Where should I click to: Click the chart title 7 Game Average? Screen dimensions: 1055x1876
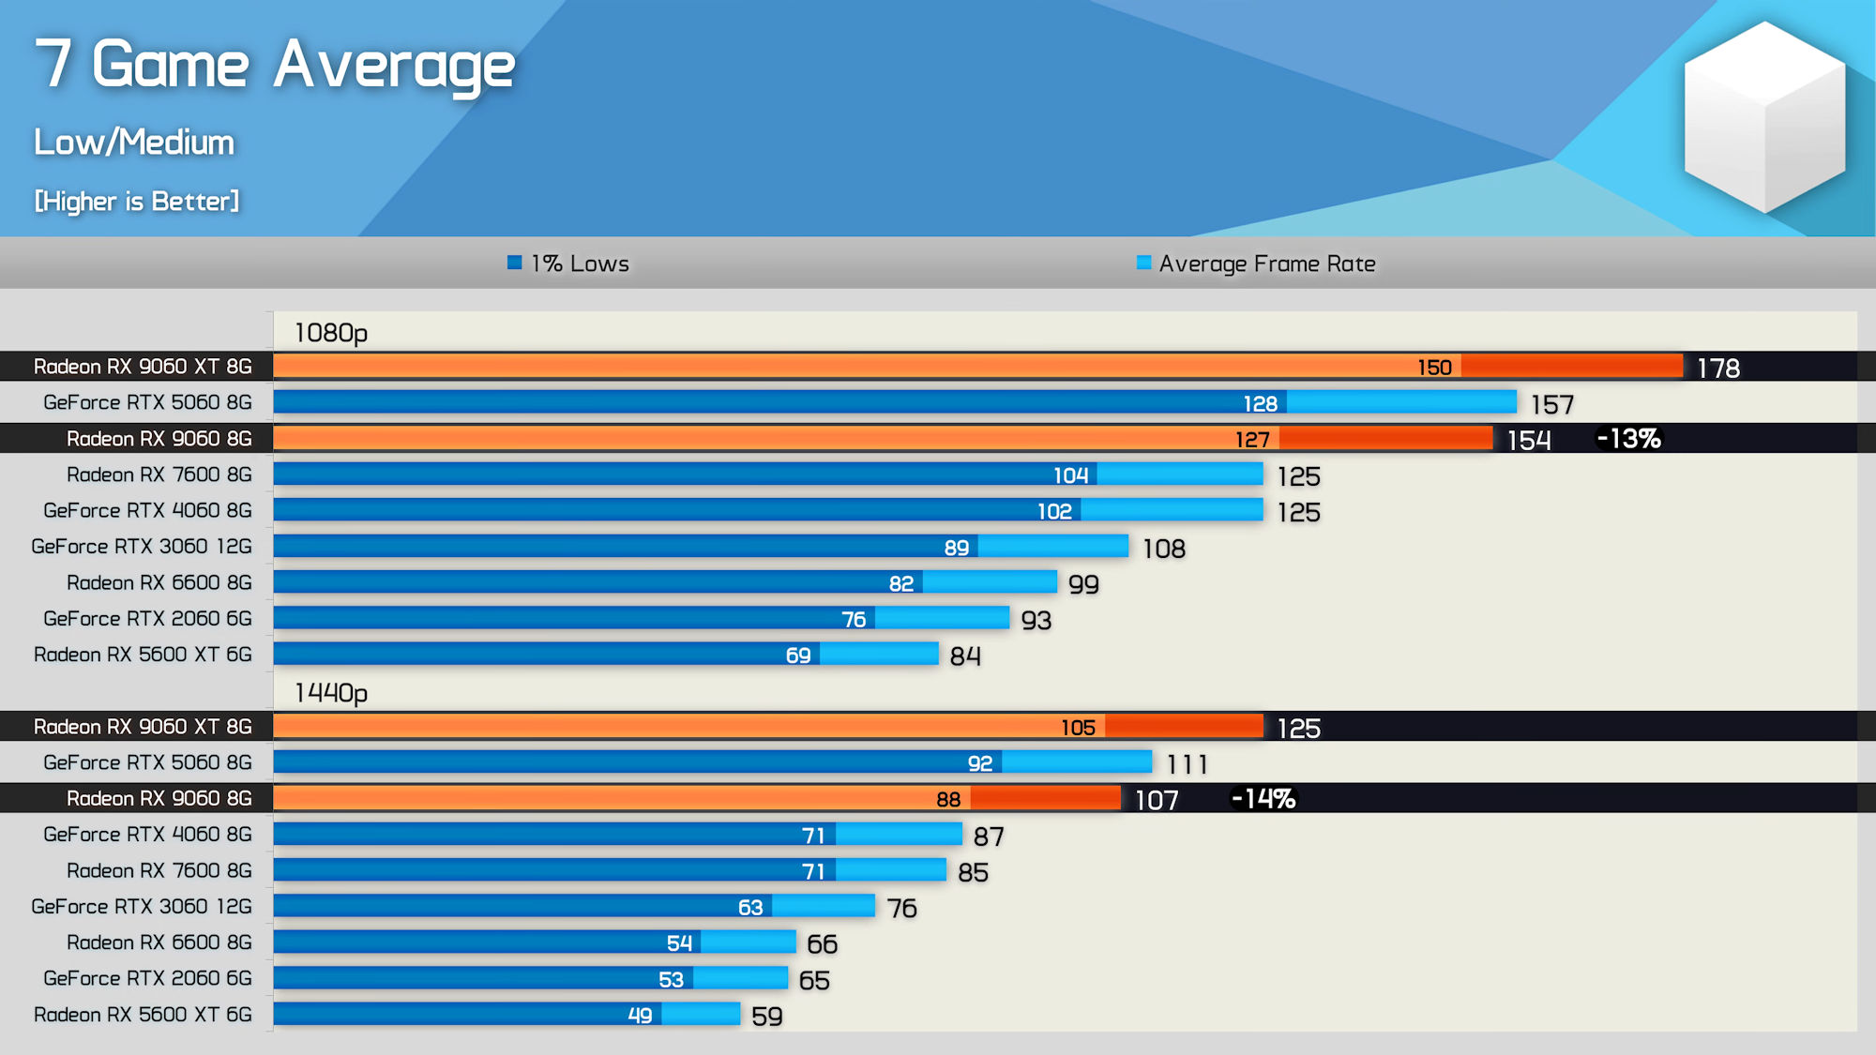(274, 66)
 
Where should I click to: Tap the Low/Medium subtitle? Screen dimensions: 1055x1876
(134, 143)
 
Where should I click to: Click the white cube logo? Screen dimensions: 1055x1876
(1764, 116)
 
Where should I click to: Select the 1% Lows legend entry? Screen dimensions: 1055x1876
(568, 264)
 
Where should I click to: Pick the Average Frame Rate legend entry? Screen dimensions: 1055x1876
(1256, 264)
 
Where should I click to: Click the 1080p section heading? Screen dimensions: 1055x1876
(330, 333)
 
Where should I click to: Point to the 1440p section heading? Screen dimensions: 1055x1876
(330, 693)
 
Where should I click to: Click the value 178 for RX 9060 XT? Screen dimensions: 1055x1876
(1717, 369)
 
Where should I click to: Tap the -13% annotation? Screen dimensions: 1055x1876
(1628, 439)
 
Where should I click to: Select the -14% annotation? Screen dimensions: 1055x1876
(1263, 799)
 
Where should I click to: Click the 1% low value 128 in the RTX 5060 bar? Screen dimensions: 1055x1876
(1260, 403)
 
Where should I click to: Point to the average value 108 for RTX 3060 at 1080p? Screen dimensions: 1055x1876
(1163, 549)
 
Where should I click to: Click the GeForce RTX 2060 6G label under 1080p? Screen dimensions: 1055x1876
(147, 619)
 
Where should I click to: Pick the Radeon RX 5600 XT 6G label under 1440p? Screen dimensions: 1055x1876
(143, 1015)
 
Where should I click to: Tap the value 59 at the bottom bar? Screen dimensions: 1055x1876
(766, 1017)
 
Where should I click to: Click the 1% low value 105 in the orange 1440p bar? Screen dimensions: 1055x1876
(1078, 728)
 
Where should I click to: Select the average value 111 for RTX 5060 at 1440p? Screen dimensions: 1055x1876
(1187, 764)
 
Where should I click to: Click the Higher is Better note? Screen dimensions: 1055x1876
(137, 202)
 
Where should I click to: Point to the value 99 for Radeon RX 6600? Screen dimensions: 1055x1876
(1083, 584)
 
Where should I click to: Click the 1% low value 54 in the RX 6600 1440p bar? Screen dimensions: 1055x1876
(679, 943)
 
